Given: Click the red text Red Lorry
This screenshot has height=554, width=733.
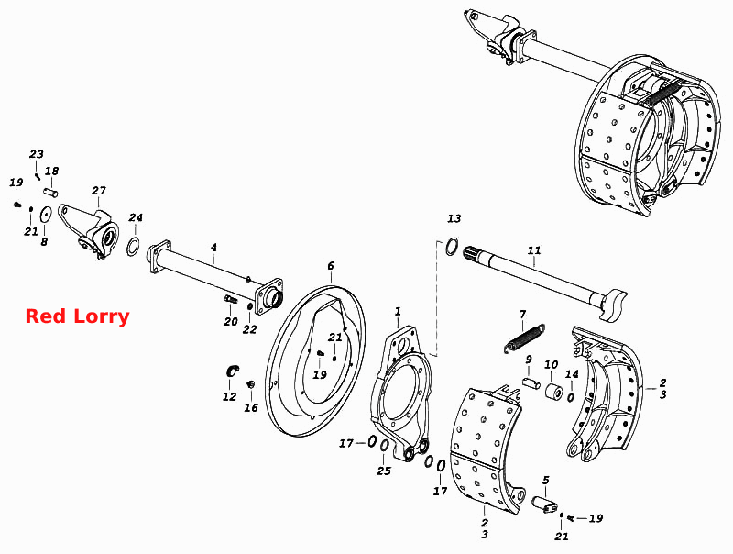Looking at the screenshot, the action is click(77, 316).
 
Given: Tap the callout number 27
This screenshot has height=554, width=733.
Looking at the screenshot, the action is click(99, 191).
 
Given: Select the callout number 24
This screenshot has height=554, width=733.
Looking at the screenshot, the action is click(136, 217).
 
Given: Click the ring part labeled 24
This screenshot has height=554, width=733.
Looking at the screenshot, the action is click(134, 247).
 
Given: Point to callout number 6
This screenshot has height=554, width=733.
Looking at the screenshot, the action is click(331, 266).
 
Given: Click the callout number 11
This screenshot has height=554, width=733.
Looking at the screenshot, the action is click(534, 250).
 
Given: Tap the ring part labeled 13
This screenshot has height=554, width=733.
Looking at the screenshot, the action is click(452, 246).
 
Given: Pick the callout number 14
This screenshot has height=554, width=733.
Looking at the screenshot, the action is click(572, 374).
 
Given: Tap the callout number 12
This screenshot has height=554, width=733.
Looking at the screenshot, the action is click(230, 397).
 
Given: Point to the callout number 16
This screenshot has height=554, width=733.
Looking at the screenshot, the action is click(251, 407).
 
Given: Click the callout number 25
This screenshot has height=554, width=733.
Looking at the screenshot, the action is click(384, 471).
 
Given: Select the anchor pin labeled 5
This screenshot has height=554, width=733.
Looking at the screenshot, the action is click(544, 504).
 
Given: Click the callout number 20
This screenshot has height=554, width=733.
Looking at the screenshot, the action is click(231, 322).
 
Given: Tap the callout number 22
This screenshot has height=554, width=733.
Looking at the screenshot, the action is click(249, 329).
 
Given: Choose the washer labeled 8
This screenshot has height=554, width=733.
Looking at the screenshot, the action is click(45, 215).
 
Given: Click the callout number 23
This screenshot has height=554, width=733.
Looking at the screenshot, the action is click(37, 154).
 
